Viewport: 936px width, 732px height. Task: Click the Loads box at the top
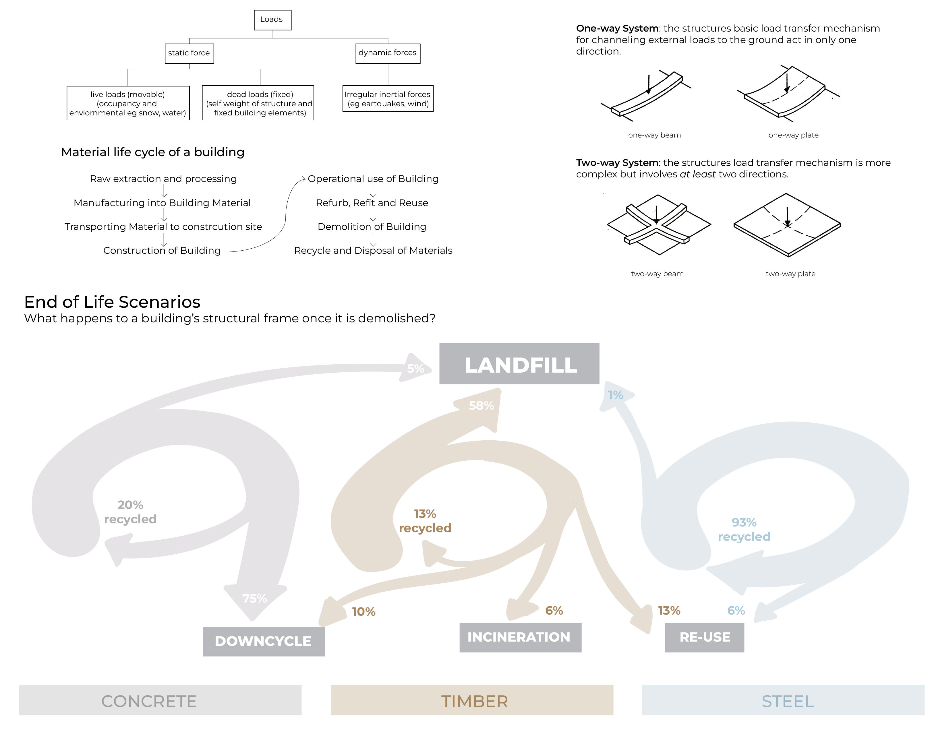click(x=272, y=20)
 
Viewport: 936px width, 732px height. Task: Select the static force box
click(x=189, y=53)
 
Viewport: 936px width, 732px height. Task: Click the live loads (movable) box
click(x=128, y=103)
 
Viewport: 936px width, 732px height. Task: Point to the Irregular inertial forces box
click(x=388, y=99)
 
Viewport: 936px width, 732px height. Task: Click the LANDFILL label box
click(x=519, y=364)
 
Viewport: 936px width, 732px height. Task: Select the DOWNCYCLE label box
click(x=264, y=641)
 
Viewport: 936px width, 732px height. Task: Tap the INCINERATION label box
click(x=520, y=637)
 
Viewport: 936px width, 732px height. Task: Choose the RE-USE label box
click(x=704, y=637)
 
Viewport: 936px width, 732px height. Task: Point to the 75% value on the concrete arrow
click(x=255, y=598)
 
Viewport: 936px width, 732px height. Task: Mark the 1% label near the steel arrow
click(x=615, y=395)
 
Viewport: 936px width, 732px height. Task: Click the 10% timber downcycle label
click(x=364, y=611)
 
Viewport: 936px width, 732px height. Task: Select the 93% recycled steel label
click(x=744, y=530)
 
